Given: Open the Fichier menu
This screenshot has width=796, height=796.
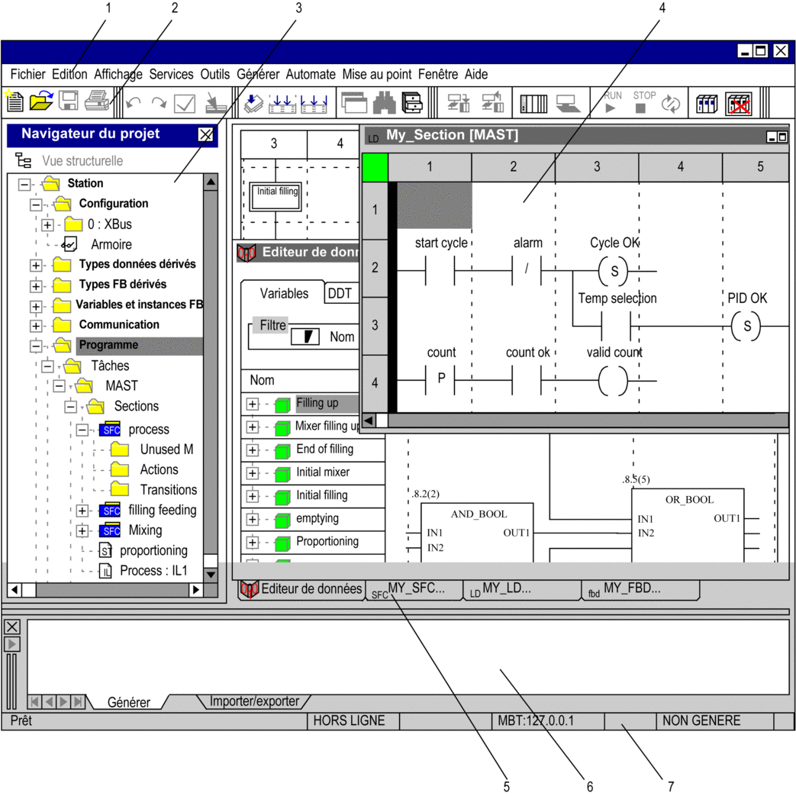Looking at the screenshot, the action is [28, 75].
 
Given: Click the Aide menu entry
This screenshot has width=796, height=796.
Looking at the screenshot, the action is [476, 75].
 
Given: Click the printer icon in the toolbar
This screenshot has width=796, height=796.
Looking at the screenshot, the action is [96, 101].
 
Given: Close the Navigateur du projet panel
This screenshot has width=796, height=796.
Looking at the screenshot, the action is [205, 134].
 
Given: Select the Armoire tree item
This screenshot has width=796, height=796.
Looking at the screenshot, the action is [111, 245].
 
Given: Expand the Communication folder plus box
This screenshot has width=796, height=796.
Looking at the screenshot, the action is [36, 325].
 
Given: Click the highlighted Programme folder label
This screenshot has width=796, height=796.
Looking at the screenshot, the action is [108, 345].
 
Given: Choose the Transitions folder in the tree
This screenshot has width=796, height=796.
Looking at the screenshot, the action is [169, 490].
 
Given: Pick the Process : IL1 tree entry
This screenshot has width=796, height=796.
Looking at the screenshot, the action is [153, 571].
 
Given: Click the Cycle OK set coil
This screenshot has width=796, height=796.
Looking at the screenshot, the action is [614, 271].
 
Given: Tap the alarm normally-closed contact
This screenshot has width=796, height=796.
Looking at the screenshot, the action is [527, 270].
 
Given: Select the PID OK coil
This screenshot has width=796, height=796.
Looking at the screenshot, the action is [746, 326].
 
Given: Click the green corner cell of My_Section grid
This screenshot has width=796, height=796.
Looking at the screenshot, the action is [375, 168].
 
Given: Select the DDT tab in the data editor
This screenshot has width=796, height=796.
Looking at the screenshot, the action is [340, 293].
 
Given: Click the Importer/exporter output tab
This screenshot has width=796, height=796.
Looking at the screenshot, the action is [254, 701].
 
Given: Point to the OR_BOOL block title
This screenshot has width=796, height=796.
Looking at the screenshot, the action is [689, 500].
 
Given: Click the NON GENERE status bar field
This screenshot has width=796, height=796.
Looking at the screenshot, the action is [701, 721].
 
